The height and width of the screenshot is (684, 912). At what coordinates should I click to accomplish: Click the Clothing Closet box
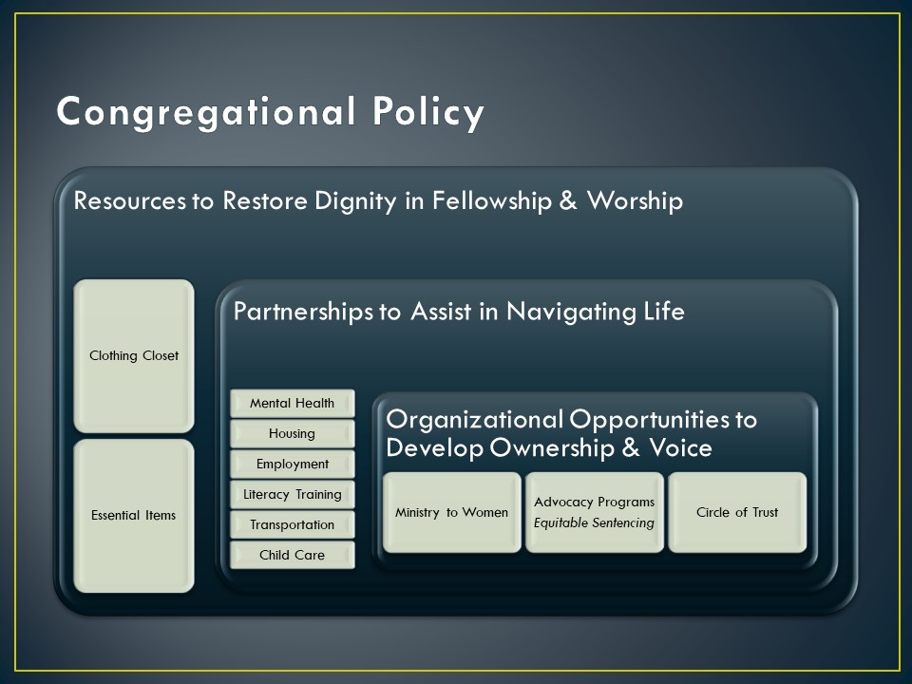click(x=134, y=356)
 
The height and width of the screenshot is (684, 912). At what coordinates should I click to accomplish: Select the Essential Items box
click(x=134, y=516)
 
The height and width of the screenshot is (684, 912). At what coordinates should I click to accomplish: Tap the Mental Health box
click(x=292, y=403)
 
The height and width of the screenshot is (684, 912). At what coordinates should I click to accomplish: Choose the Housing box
click(x=292, y=433)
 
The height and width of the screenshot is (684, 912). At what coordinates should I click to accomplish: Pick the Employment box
click(x=292, y=464)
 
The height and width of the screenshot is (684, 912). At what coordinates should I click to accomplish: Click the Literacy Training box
click(x=292, y=494)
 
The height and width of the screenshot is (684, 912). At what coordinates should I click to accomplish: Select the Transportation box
click(x=292, y=524)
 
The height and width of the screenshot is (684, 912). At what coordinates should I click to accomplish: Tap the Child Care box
click(x=292, y=555)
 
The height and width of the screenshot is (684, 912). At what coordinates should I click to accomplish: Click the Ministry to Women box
click(x=452, y=512)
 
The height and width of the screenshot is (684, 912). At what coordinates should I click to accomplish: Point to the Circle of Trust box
click(x=737, y=512)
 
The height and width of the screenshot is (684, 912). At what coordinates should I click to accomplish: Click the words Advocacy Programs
click(x=595, y=502)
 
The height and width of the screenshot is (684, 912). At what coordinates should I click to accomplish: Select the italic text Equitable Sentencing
click(x=594, y=522)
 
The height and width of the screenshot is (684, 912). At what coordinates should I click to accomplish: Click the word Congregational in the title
click(x=206, y=112)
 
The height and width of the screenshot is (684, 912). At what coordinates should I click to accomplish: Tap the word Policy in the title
click(x=428, y=112)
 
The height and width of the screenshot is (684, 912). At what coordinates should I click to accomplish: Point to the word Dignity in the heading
click(x=355, y=201)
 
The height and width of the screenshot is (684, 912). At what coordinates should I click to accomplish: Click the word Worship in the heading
click(x=636, y=200)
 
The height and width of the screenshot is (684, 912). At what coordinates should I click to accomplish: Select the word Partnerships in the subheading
click(x=302, y=312)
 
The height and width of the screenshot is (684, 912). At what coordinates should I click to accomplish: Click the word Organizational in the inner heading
click(x=475, y=419)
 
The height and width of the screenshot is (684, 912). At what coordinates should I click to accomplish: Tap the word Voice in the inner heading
click(x=680, y=447)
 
